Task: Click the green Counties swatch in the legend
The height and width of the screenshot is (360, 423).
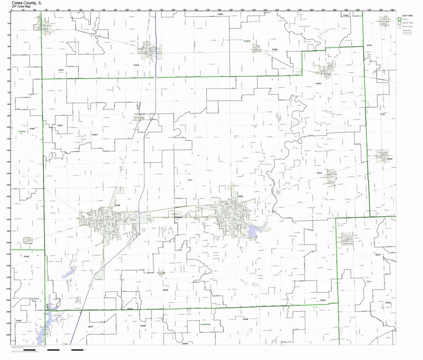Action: pos(399,19)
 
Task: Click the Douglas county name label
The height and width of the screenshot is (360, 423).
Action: pos(247,41)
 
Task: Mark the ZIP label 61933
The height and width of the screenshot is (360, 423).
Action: pos(389,159)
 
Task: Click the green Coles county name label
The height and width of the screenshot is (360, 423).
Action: pos(190,180)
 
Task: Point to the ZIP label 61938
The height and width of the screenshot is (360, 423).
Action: pos(117,205)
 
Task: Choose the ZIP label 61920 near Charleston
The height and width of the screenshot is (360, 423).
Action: pos(240,196)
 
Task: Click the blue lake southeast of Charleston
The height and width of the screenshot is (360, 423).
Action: pos(253,231)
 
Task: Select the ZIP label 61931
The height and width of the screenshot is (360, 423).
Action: pos(95,135)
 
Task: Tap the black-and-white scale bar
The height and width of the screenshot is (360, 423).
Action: pos(66,350)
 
